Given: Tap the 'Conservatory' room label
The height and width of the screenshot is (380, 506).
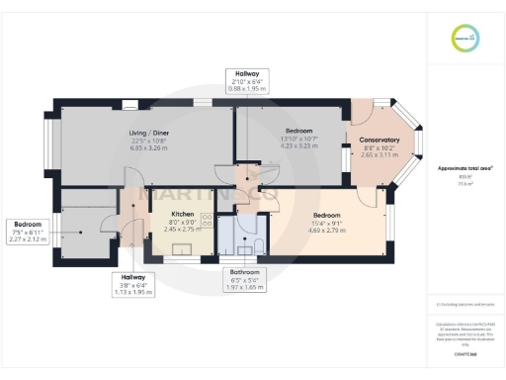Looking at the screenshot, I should point(379,140).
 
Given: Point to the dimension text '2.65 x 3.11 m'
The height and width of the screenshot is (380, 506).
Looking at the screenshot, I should point(379,155).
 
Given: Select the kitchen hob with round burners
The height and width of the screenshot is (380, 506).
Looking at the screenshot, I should point(208,220).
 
